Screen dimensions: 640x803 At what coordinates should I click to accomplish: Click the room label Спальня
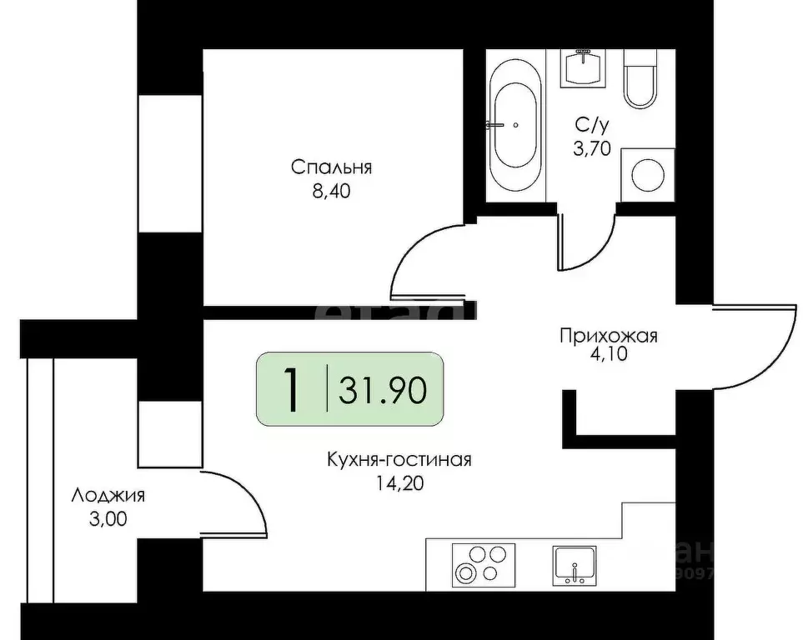coord(331,167)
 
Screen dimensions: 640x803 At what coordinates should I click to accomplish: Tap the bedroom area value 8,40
coord(331,192)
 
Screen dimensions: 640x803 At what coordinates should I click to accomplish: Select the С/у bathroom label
coord(592,127)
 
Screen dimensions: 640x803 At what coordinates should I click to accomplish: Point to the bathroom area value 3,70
coord(592,149)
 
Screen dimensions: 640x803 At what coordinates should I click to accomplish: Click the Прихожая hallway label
coord(609,337)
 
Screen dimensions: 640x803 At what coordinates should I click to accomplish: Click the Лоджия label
coord(108,496)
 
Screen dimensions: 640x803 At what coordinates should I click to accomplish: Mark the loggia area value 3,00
coord(108,517)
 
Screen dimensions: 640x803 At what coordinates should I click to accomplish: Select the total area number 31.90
coord(384,388)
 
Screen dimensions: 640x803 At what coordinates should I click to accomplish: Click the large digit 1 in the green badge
coord(291,389)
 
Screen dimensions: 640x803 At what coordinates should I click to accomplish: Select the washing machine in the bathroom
coord(647,174)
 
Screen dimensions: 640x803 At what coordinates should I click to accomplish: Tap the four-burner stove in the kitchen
coord(483,564)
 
